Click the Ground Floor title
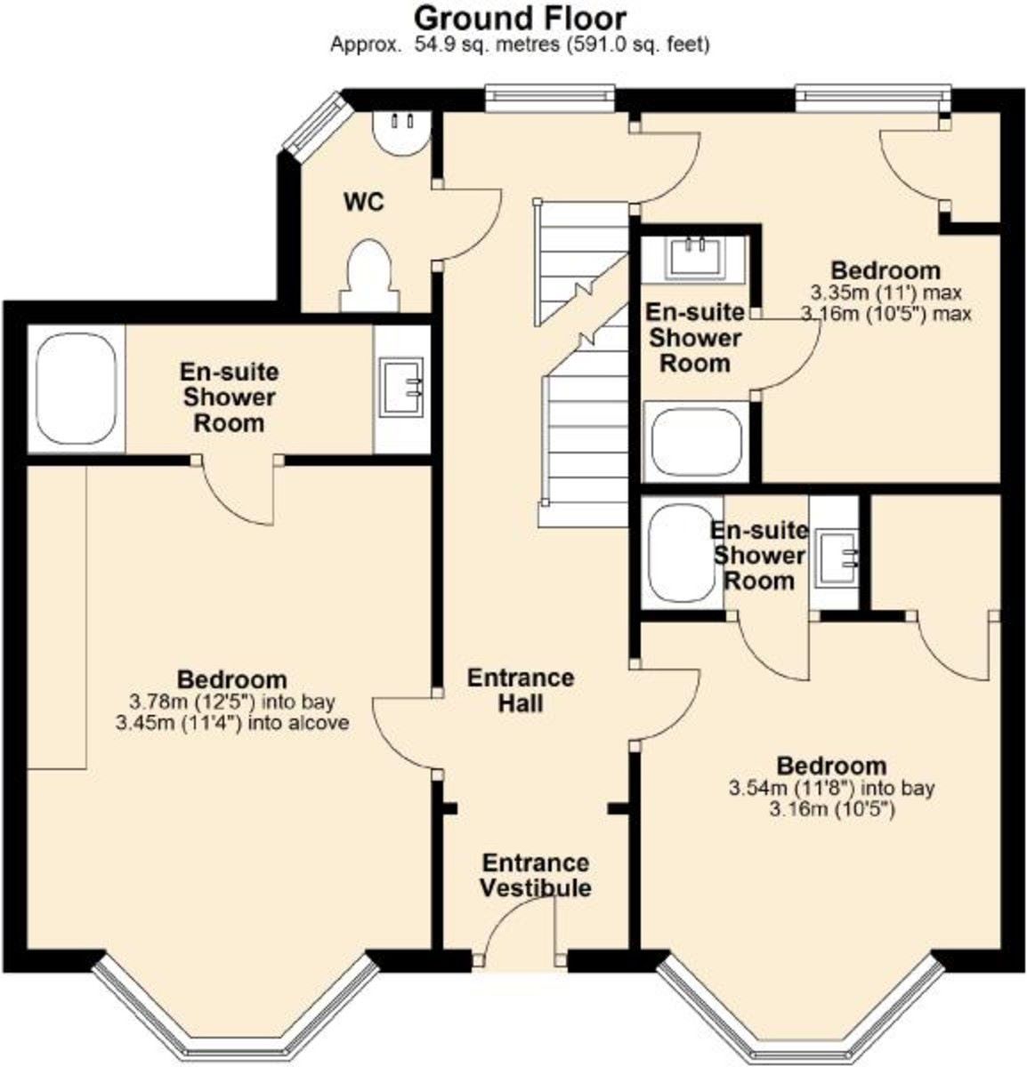pyautogui.click(x=519, y=19)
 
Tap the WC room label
pyautogui.click(x=364, y=203)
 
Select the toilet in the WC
pyautogui.click(x=368, y=276)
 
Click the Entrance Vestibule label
pyautogui.click(x=536, y=876)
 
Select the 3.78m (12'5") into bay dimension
pyautogui.click(x=232, y=702)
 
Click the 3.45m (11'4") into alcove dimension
pyautogui.click(x=232, y=723)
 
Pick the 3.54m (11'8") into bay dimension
pyautogui.click(x=831, y=788)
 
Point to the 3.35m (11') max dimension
pyautogui.click(x=885, y=293)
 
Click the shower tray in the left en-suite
pyautogui.click(x=77, y=389)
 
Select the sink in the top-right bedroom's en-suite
pyautogui.click(x=693, y=257)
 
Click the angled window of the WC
pyautogui.click(x=314, y=122)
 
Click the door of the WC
pyautogui.click(x=468, y=225)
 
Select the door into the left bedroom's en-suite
pyautogui.click(x=237, y=490)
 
